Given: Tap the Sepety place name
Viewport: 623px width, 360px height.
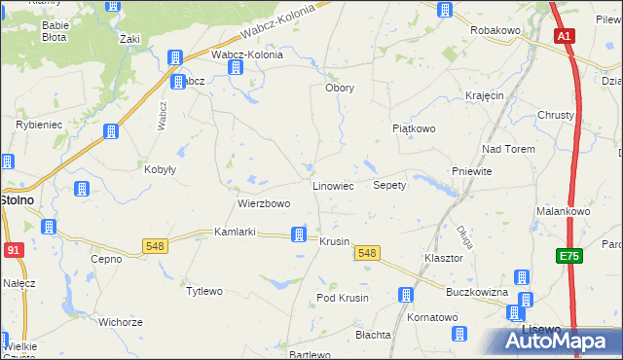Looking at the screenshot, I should tap(389, 185).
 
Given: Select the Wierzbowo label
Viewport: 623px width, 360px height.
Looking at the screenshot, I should tap(264, 204).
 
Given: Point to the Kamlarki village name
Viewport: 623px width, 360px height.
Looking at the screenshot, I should tap(235, 234).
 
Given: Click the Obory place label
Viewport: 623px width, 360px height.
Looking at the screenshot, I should tap(339, 88).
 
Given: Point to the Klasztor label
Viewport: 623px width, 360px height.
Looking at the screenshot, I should tap(443, 259).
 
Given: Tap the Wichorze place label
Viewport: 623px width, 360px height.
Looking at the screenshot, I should tap(121, 321).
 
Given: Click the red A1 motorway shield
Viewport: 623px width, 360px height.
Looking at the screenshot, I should tap(565, 36).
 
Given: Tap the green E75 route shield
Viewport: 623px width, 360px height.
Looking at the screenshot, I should tap(569, 256).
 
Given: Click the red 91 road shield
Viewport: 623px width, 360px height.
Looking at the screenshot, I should tap(13, 250).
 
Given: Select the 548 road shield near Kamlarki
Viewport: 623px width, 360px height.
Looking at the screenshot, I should tap(155, 246).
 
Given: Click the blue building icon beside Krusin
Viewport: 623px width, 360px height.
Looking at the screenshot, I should tap(300, 234).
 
